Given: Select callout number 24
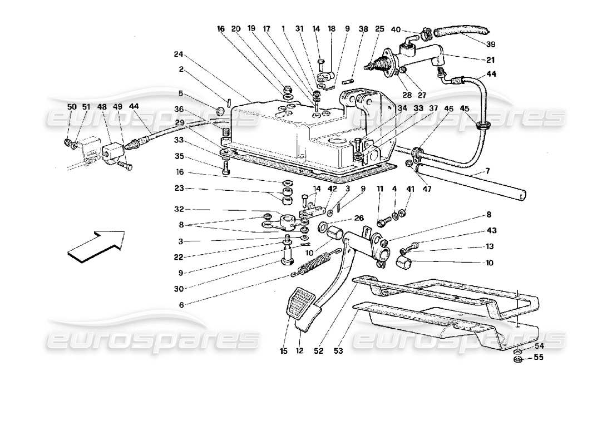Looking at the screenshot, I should pyautogui.click(x=177, y=55).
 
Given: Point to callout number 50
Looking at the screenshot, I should pyautogui.click(x=71, y=106).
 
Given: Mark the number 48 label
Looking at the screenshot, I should pyautogui.click(x=102, y=106).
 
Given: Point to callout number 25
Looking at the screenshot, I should pyautogui.click(x=380, y=29).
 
